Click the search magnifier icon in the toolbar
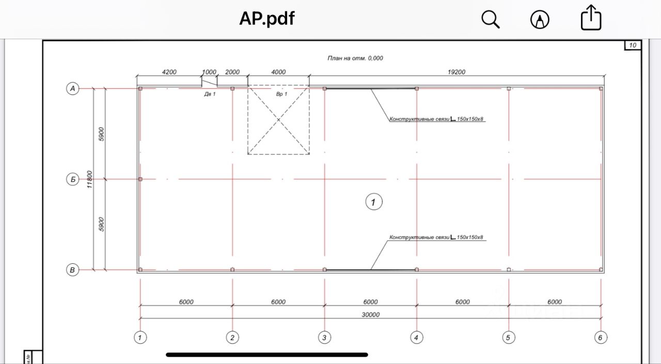click(x=490, y=20)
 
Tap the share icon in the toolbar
click(x=591, y=19)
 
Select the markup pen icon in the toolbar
click(x=540, y=20)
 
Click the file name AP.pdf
click(x=266, y=19)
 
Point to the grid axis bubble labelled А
click(x=73, y=89)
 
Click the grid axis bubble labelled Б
click(x=73, y=179)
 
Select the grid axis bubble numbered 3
click(x=324, y=338)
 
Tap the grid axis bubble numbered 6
click(x=601, y=338)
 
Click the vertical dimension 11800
click(x=90, y=179)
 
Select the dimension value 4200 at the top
click(x=169, y=72)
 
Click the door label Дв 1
click(x=210, y=94)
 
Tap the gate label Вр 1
click(x=281, y=94)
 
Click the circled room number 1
click(x=373, y=202)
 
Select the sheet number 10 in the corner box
click(x=633, y=45)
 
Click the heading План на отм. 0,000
click(x=355, y=58)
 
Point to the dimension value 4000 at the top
click(x=278, y=72)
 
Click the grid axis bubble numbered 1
click(x=140, y=338)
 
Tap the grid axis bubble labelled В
click(x=73, y=270)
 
